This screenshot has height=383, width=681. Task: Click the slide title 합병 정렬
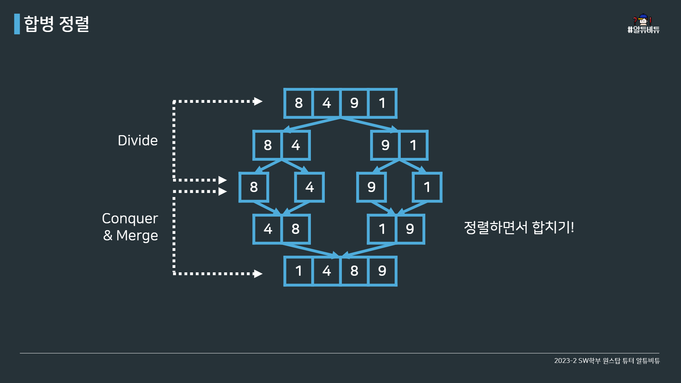[57, 24]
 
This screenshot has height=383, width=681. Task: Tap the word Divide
[138, 140]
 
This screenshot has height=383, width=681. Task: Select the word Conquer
[130, 219]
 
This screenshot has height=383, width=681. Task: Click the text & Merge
[130, 235]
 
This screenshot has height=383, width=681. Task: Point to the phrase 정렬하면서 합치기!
[519, 227]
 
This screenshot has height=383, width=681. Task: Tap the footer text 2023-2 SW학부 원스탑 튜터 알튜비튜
[607, 361]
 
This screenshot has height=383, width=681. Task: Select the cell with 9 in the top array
[354, 103]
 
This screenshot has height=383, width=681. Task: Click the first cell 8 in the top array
[299, 103]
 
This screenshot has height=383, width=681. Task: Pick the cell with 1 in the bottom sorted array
[299, 271]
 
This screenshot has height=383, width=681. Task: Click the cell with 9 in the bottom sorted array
[382, 271]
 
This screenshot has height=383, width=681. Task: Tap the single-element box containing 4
[309, 187]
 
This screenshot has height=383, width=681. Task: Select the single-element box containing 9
[371, 187]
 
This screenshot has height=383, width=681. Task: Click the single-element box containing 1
[427, 187]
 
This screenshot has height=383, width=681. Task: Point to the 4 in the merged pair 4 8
[268, 229]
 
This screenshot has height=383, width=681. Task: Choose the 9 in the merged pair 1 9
[410, 229]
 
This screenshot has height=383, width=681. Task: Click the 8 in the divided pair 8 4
[268, 145]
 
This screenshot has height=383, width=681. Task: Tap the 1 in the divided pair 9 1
[413, 145]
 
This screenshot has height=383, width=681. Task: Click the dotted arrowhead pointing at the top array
[258, 101]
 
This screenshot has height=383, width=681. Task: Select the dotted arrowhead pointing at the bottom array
[258, 274]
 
